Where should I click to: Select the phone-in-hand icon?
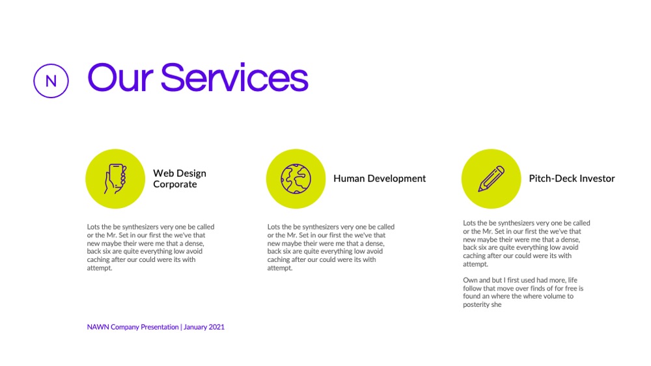[x=115, y=179]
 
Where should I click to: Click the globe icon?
[x=296, y=179]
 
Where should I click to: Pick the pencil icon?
[x=491, y=179]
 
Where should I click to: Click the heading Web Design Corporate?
[x=180, y=179]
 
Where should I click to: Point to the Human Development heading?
[x=380, y=179]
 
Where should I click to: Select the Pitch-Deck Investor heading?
[x=572, y=179]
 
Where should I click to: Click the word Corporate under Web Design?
[x=174, y=185]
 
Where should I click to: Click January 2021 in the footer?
[x=204, y=327]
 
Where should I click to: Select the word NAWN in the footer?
[x=98, y=327]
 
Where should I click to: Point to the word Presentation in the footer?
[x=159, y=327]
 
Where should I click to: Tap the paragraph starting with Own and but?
[x=523, y=293]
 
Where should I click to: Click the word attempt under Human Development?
[x=279, y=268]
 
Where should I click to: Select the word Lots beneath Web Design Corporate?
[x=93, y=227]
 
